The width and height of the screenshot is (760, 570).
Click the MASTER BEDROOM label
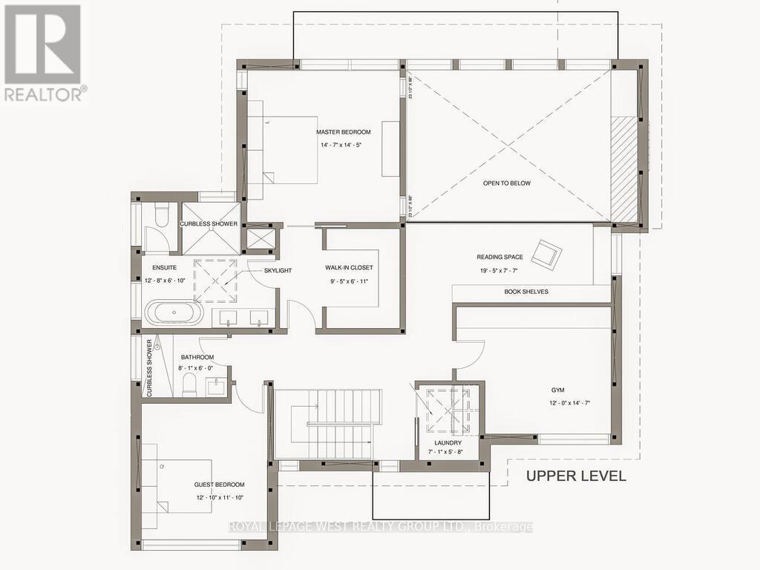click(x=343, y=132)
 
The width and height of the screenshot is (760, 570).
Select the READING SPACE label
click(x=500, y=258)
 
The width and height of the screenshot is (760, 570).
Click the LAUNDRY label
click(x=448, y=442)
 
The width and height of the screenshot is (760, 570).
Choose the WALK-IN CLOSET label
click(x=349, y=267)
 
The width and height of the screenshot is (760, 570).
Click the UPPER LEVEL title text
click(x=576, y=476)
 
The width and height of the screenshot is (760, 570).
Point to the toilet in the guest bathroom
click(x=191, y=384)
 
